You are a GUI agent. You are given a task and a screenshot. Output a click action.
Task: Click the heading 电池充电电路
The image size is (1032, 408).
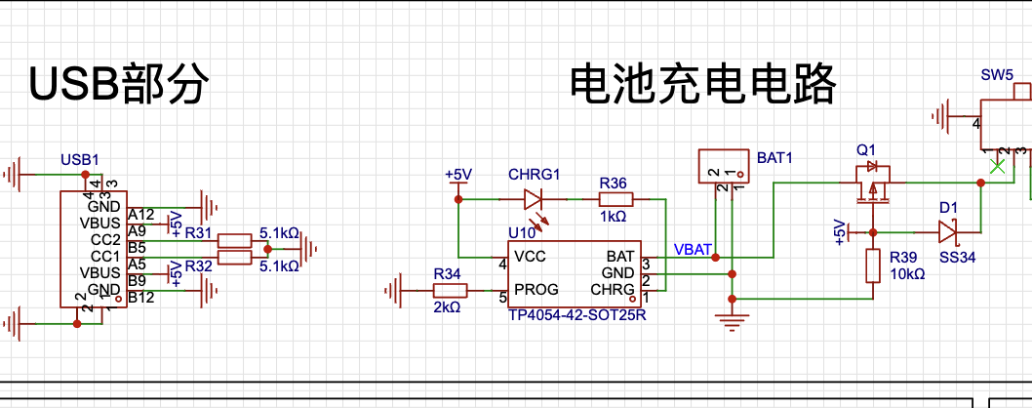click(x=702, y=86)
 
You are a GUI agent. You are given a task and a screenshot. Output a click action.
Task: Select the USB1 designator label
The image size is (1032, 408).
click(x=80, y=159)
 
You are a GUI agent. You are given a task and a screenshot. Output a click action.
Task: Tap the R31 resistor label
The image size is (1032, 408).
click(x=198, y=232)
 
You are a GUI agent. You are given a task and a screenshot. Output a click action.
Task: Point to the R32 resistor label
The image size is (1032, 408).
click(x=198, y=265)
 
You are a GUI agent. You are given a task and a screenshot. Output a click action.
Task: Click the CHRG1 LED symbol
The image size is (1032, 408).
click(x=534, y=200)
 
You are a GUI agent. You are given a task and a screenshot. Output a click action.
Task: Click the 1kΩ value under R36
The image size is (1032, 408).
click(x=614, y=217)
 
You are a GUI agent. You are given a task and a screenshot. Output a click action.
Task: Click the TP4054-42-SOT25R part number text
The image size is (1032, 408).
click(x=576, y=316)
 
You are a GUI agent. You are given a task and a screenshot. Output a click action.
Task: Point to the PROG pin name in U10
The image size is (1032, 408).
click(x=536, y=290)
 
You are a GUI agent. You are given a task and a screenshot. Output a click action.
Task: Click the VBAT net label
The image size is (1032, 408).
click(x=693, y=249)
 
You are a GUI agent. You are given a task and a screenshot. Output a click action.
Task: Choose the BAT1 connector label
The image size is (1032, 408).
click(x=775, y=157)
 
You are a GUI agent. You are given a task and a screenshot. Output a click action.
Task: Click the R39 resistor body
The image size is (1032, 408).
click(x=873, y=265)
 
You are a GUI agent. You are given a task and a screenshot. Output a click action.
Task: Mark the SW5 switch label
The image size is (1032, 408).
click(x=996, y=74)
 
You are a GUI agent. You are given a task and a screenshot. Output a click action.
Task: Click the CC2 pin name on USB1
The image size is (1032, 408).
click(x=103, y=239)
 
